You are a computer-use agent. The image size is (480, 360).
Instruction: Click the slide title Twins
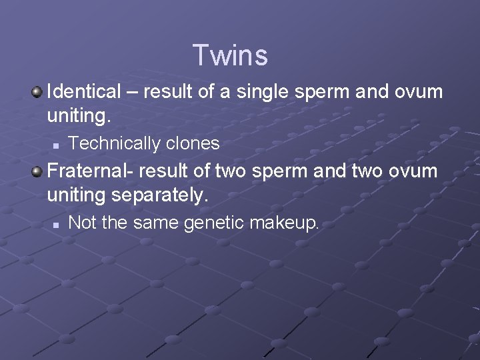pos(230,55)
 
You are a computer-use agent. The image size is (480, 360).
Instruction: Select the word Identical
pos(85,92)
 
